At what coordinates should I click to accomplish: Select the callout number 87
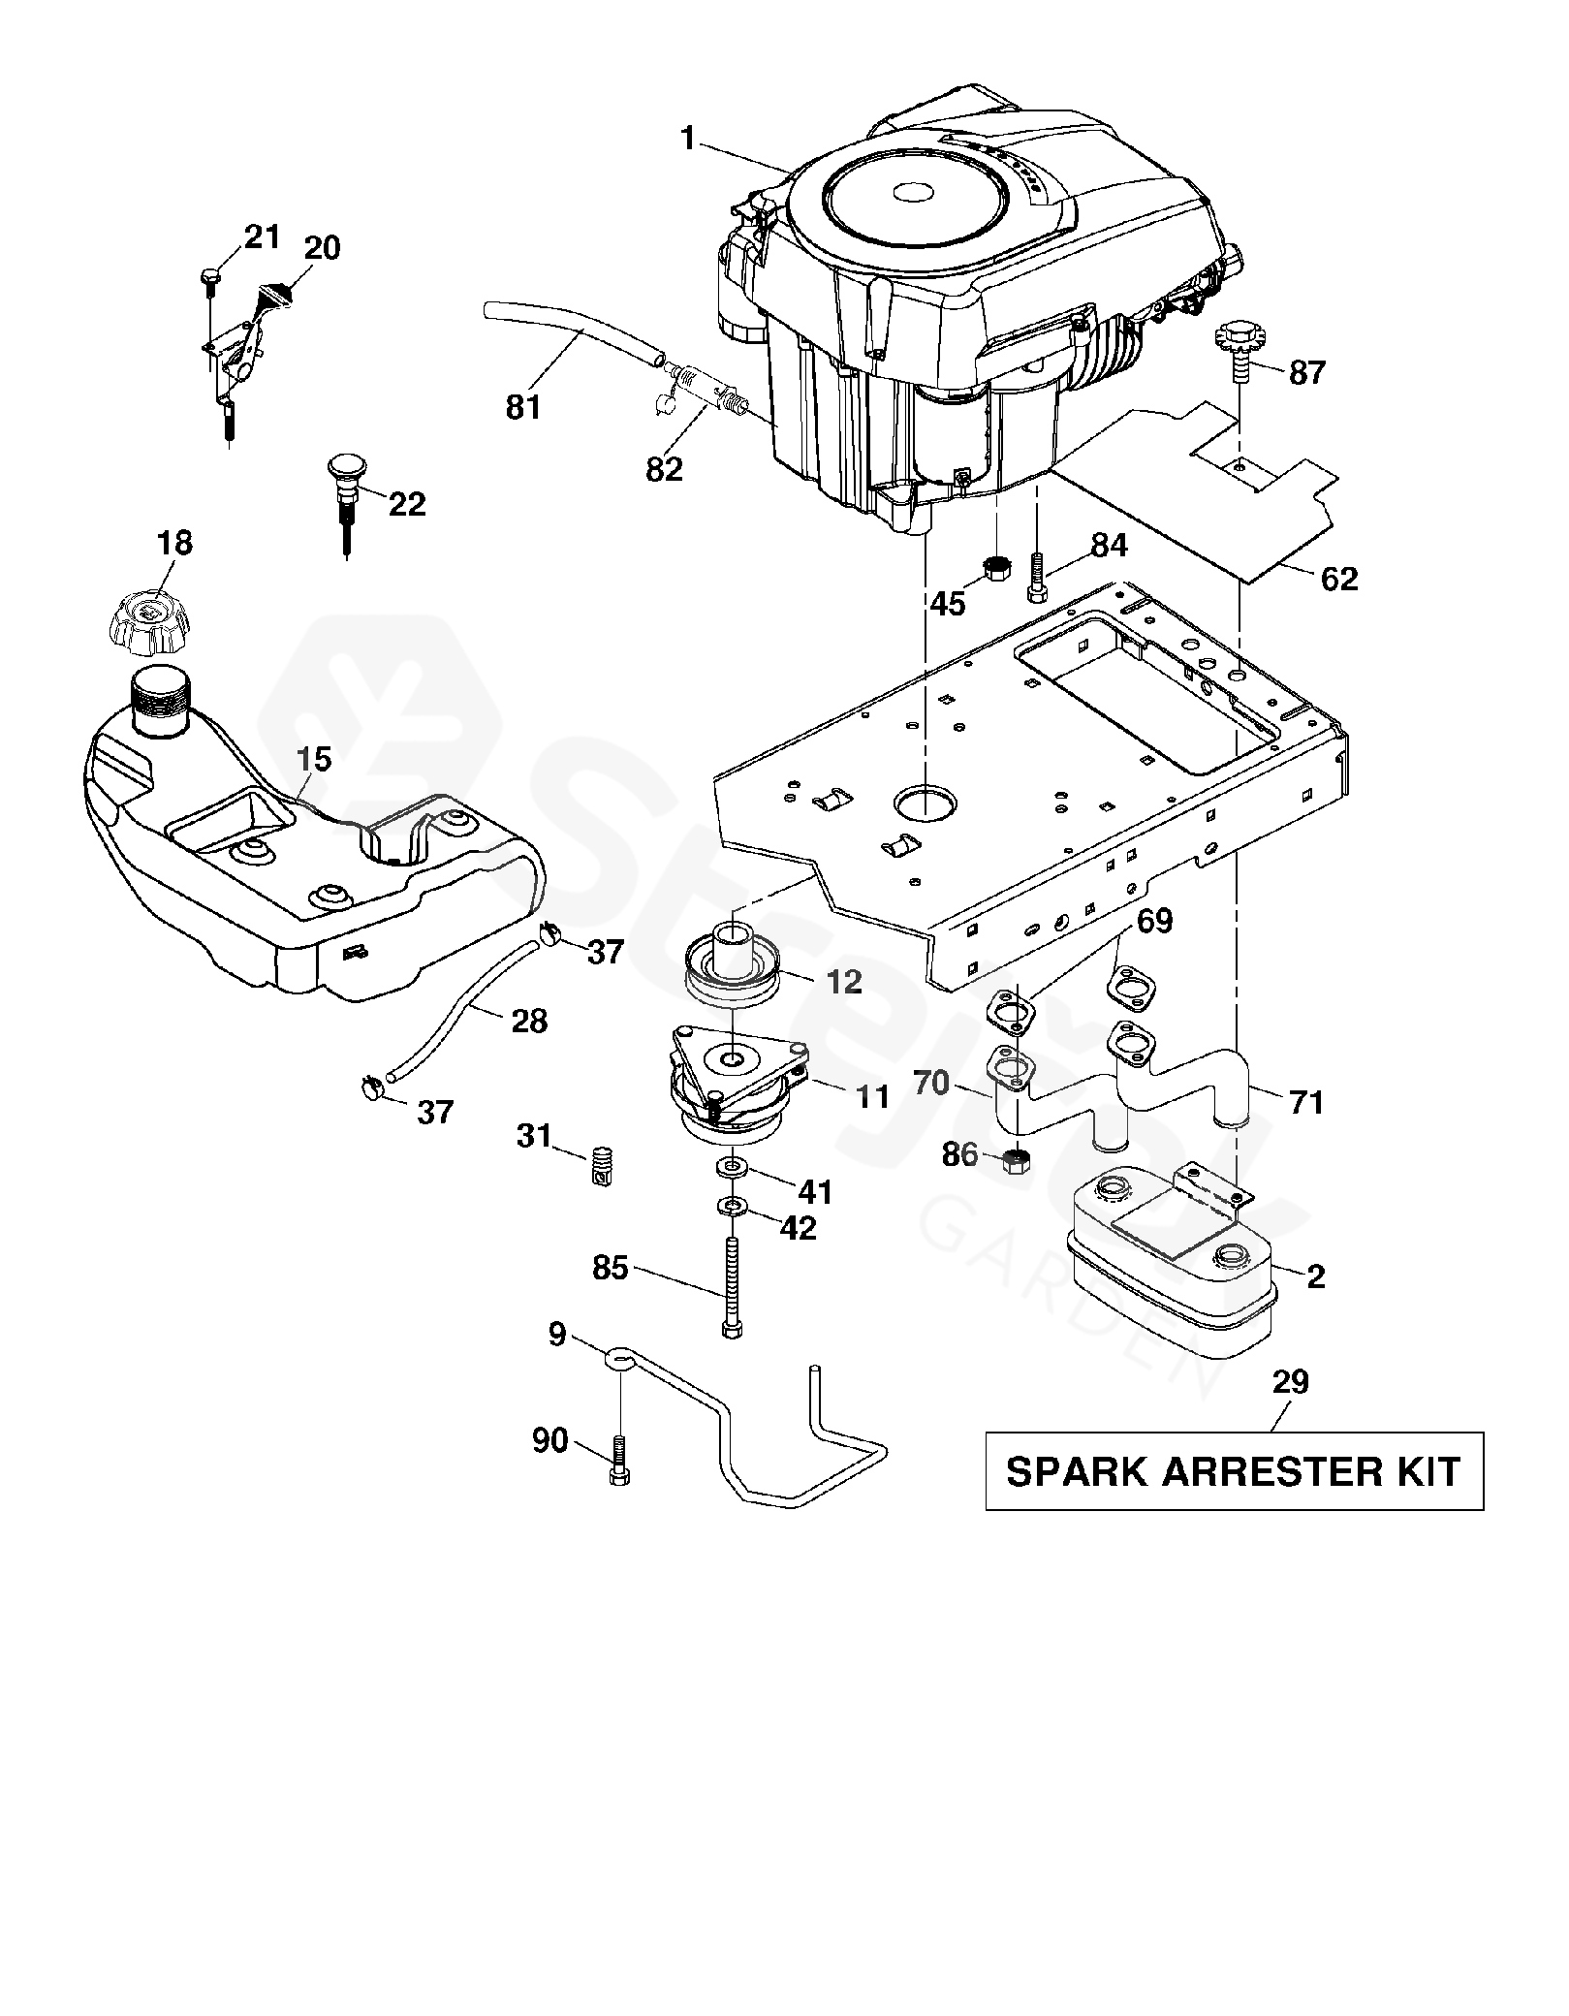tap(1306, 372)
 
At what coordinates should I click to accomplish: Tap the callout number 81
tap(523, 408)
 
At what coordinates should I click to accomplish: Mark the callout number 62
tap(1339, 580)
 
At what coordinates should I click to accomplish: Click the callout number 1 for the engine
tap(688, 140)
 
